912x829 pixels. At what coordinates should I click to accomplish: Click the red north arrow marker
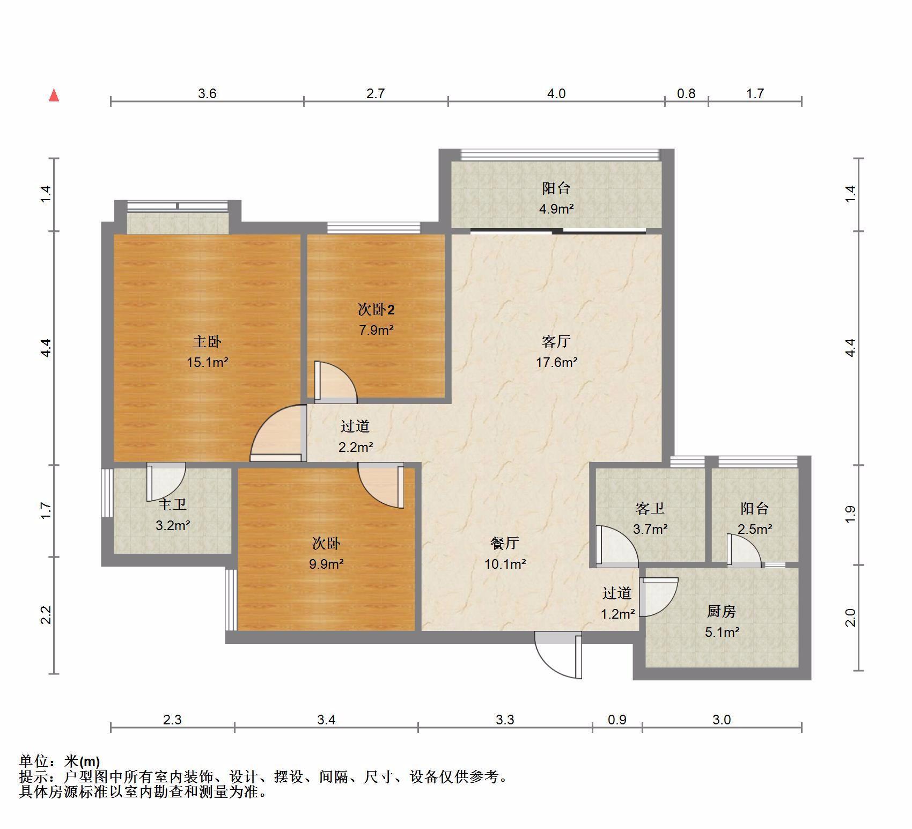point(54,96)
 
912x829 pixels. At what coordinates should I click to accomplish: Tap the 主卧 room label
point(207,342)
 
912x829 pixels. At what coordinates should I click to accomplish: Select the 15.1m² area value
point(207,363)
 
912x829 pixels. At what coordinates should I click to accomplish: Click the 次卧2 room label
point(376,310)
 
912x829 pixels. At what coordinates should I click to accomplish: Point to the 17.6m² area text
point(556,363)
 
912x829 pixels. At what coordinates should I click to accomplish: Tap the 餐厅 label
point(504,544)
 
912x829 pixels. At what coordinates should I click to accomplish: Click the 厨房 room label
point(722,611)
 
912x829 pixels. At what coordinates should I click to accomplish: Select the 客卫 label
point(650,508)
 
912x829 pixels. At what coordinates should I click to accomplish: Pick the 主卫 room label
point(172,504)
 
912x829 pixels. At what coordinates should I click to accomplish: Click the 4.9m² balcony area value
point(556,209)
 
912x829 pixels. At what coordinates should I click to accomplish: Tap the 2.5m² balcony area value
point(755,530)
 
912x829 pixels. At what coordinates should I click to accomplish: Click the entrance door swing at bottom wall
point(558,656)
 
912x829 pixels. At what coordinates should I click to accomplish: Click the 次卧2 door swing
point(335,382)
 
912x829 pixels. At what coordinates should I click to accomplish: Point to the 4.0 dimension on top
point(556,94)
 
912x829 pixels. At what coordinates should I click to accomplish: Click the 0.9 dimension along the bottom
point(617,720)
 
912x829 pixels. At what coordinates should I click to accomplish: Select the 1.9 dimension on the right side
point(850,515)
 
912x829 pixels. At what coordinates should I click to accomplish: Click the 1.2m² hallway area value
point(618,614)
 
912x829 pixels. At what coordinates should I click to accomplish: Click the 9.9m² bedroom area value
point(326,564)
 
